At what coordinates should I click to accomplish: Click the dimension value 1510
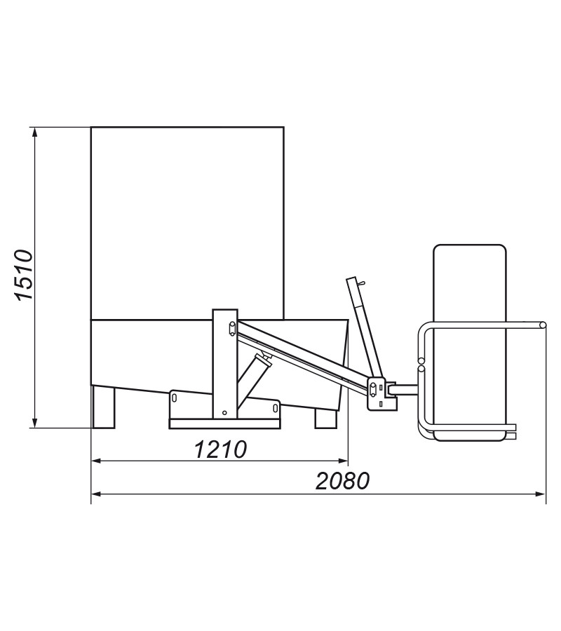point(23,275)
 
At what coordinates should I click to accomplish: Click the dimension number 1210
point(220,449)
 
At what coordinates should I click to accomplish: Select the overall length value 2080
point(342,481)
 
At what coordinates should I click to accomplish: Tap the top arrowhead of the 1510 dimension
point(35,133)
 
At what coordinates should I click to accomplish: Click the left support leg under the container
point(103,407)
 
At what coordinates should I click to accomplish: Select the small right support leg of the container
point(325,419)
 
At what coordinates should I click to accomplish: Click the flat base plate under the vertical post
point(224,423)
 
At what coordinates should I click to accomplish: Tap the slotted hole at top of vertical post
point(232,328)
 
